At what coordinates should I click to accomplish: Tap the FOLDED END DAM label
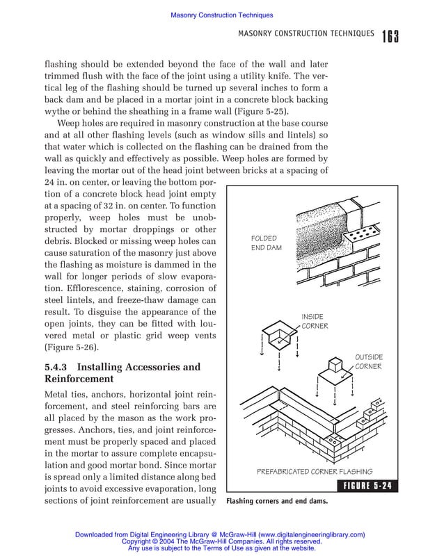coord(267,243)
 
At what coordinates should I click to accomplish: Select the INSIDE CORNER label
coord(315,321)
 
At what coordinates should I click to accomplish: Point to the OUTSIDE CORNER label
coord(369,362)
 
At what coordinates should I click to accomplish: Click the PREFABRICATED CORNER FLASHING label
coord(315,470)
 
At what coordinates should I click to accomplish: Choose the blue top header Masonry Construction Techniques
coord(221,15)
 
